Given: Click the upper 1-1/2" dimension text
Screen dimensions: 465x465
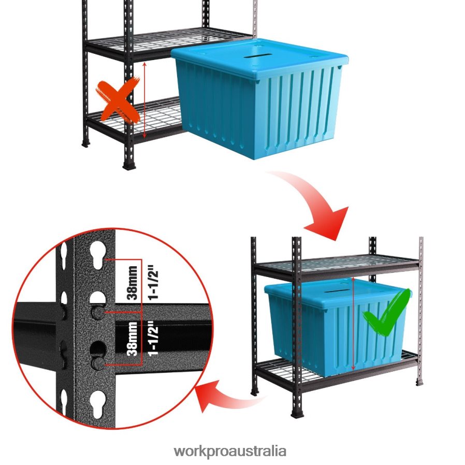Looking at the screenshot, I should pos(151,283).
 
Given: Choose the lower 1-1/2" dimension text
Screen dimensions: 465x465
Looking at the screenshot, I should pos(151,339).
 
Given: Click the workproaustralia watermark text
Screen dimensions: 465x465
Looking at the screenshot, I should pos(230,451).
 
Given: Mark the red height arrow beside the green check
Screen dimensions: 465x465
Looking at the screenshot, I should pos(354,324).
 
